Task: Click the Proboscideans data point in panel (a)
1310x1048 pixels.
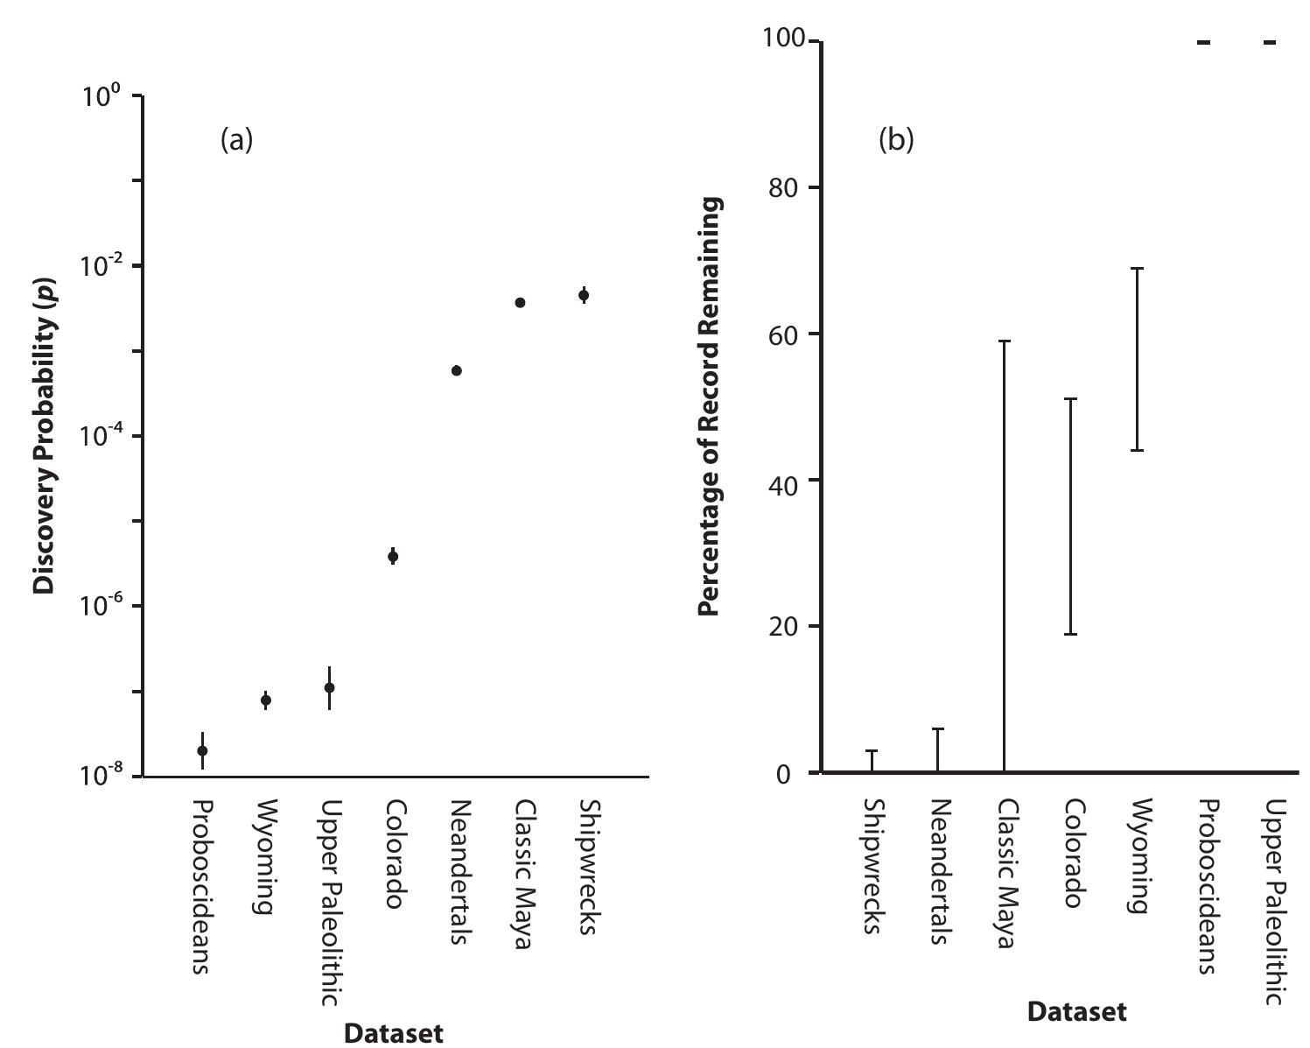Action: [202, 750]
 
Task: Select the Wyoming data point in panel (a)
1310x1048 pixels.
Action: [266, 700]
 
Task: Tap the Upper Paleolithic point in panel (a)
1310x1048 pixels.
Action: [329, 687]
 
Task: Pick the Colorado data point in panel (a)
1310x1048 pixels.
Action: [393, 556]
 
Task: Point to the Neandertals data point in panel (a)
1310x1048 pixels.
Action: [456, 370]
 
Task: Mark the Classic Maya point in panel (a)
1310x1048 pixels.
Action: [520, 302]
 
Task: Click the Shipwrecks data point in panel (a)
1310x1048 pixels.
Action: [584, 295]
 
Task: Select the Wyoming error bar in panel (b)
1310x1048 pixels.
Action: [1138, 359]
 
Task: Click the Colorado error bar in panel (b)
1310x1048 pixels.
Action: [1070, 516]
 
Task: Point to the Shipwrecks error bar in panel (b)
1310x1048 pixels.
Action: [872, 761]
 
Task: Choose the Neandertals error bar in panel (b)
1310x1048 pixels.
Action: [937, 749]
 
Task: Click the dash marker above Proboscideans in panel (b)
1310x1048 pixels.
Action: [1204, 42]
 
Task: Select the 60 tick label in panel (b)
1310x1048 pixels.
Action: [784, 334]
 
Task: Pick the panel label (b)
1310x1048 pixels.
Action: [895, 139]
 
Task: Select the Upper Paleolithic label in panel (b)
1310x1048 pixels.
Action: [1273, 902]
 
